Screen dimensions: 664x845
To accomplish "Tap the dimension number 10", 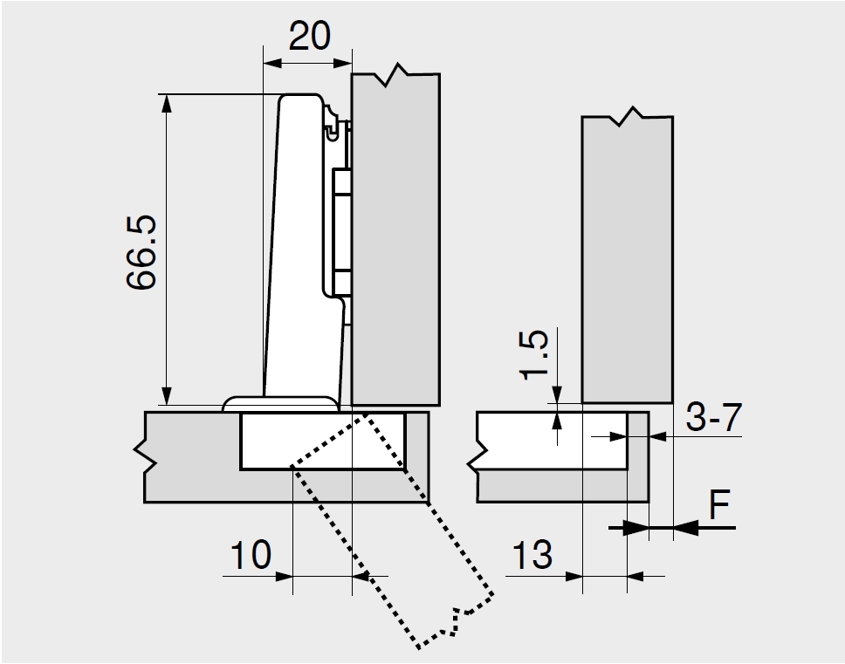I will [251, 555].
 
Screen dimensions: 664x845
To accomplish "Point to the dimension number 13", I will [532, 555].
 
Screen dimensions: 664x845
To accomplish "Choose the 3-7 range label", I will [713, 419].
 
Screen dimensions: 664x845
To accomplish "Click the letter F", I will [719, 506].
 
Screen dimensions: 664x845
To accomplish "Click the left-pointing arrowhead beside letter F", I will [684, 526].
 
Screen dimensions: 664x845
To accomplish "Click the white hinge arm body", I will [301, 244].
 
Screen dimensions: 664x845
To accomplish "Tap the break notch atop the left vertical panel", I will [398, 77].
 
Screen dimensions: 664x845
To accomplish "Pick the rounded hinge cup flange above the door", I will [280, 404].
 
